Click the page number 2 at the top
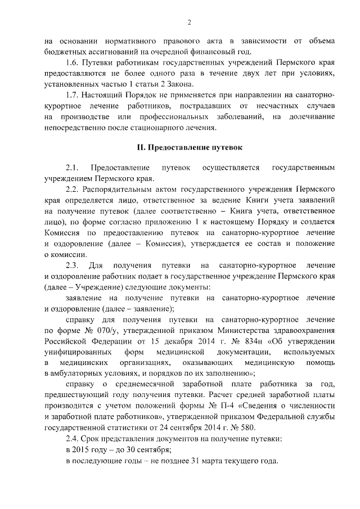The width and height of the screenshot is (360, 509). [x=190, y=22]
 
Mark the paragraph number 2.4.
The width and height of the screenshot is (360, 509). [x=73, y=438]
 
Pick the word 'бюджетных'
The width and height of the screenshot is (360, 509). [x=67, y=52]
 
